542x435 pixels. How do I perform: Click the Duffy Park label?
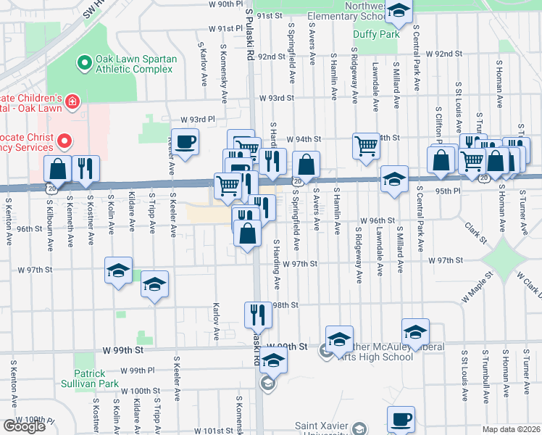click(x=375, y=34)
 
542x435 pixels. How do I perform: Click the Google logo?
click(x=24, y=426)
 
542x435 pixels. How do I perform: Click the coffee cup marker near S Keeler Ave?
click(x=185, y=141)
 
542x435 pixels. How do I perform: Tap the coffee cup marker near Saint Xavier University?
click(x=401, y=419)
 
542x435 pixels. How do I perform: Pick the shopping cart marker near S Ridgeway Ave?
click(x=366, y=146)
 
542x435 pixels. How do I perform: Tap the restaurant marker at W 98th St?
click(x=258, y=315)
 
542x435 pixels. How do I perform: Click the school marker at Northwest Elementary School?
click(x=398, y=11)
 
